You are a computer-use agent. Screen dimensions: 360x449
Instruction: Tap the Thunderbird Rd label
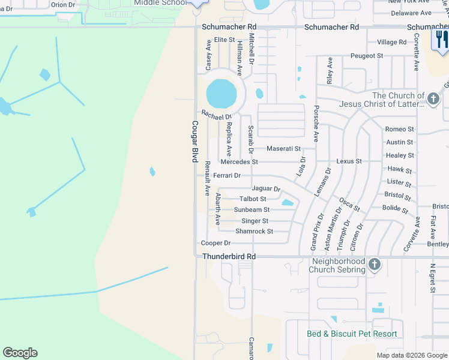pyautogui.click(x=229, y=256)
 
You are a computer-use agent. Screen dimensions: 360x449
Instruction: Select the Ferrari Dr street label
pyautogui.click(x=227, y=175)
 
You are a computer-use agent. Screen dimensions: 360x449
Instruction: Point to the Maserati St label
pyautogui.click(x=283, y=148)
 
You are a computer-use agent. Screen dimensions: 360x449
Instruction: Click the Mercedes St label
pyautogui.click(x=239, y=162)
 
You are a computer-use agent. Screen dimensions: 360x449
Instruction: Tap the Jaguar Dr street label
pyautogui.click(x=266, y=188)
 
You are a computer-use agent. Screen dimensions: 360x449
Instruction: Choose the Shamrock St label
pyautogui.click(x=254, y=231)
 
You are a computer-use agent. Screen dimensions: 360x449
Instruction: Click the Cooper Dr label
pyautogui.click(x=215, y=243)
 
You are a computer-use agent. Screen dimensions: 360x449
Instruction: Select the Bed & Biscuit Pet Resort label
pyautogui.click(x=352, y=334)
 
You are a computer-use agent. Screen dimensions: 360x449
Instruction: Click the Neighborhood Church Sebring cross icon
pyautogui.click(x=375, y=264)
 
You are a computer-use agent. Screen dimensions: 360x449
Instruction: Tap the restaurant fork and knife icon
pyautogui.click(x=441, y=40)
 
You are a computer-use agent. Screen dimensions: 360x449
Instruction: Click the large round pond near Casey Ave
pyautogui.click(x=221, y=93)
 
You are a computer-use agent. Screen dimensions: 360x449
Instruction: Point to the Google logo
pyautogui.click(x=20, y=353)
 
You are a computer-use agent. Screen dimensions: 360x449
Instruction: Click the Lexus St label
pyautogui.click(x=349, y=161)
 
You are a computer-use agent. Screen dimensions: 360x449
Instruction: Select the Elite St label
pyautogui.click(x=224, y=40)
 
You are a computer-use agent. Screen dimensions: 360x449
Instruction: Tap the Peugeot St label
pyautogui.click(x=367, y=56)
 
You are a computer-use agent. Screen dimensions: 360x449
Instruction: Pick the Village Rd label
pyautogui.click(x=391, y=42)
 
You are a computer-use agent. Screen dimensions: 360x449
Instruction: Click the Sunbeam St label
pyautogui.click(x=252, y=210)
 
